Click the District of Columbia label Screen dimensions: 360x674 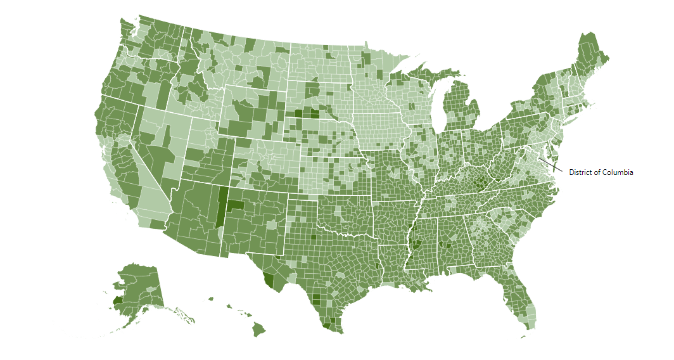[x=601, y=172]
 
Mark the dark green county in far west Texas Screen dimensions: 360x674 [x=269, y=279]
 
